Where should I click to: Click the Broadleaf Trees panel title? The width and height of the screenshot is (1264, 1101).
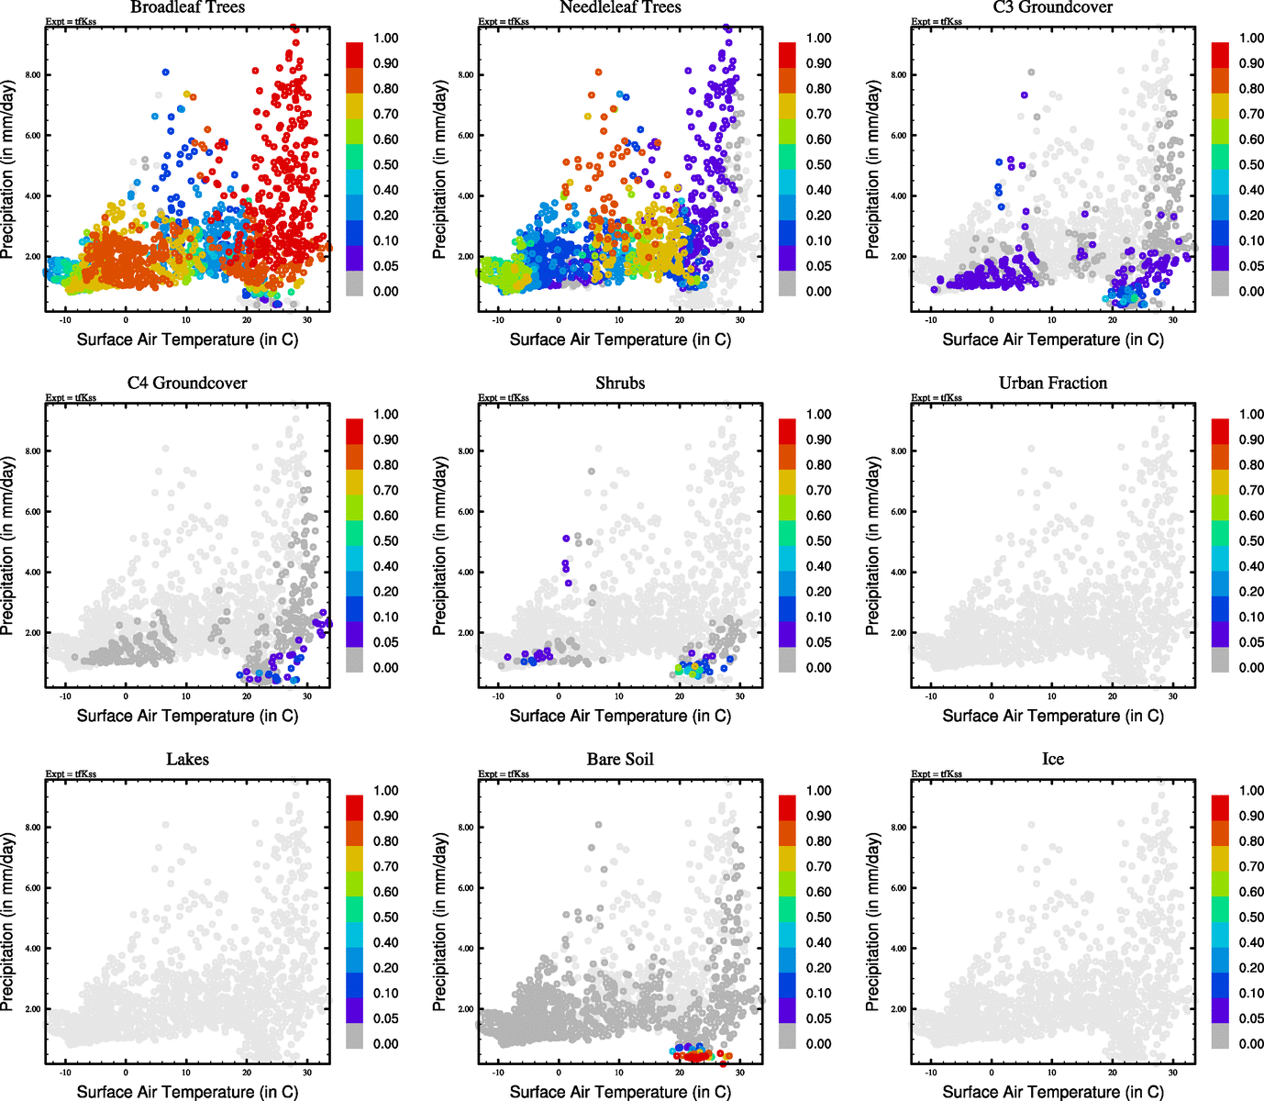187,7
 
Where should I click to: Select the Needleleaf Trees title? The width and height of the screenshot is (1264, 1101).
620,7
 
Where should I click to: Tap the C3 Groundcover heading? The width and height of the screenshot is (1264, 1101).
1053,7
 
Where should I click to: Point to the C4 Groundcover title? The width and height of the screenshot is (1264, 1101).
187,383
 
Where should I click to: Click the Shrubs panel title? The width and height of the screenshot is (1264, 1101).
620,383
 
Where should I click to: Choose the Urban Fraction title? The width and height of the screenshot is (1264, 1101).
1053,383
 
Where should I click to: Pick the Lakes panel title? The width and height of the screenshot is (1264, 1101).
187,759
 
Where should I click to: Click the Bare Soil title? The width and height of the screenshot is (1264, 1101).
620,759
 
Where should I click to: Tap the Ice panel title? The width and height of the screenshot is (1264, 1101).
1053,759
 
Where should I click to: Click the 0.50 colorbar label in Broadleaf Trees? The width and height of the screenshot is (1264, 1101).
385,165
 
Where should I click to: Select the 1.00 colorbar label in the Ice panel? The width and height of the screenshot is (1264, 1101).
1251,790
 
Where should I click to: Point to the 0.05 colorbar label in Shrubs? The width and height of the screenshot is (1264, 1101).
818,642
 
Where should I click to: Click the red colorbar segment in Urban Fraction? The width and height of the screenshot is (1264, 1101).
1220,431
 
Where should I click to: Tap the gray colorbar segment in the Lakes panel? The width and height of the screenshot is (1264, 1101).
354,1037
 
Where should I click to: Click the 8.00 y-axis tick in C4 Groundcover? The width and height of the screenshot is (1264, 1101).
32,451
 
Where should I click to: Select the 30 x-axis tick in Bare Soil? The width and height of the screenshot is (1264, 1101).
740,1073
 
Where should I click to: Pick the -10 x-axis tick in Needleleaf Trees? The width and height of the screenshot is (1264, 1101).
498,320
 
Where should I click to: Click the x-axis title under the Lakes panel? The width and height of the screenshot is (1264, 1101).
187,1092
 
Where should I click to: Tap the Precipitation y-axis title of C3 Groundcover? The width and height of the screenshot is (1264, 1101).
872,170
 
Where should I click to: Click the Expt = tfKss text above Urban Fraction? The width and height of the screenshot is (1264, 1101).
937,397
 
